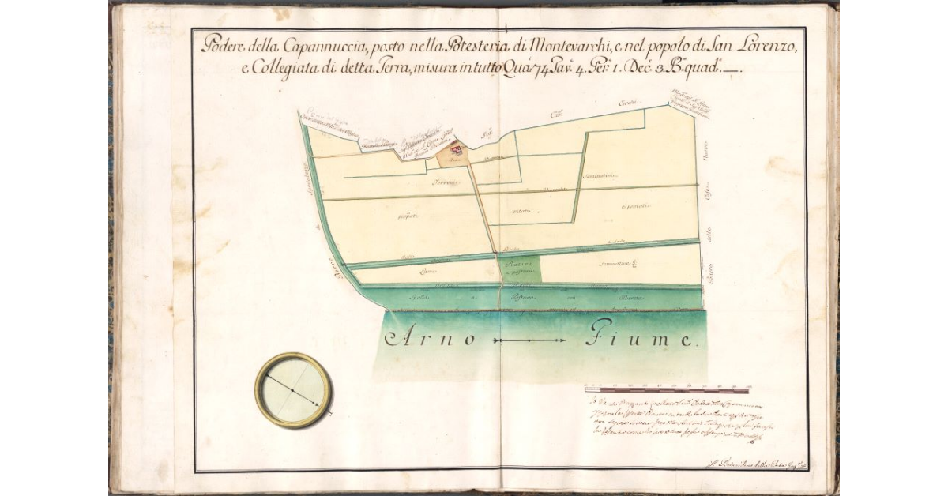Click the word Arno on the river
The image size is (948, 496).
pyautogui.click(x=431, y=340)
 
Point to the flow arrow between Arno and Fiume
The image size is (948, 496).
pyautogui.click(x=529, y=340)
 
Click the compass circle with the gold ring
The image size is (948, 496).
pyautogui.click(x=293, y=390)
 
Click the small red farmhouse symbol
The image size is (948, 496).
pyautogui.click(x=456, y=147)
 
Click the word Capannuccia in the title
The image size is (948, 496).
pyautogui.click(x=301, y=45)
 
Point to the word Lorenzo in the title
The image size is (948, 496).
pyautogui.click(x=770, y=45)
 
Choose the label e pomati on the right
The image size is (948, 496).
pyautogui.click(x=637, y=207)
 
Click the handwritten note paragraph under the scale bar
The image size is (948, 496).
pyautogui.click(x=668, y=423)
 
